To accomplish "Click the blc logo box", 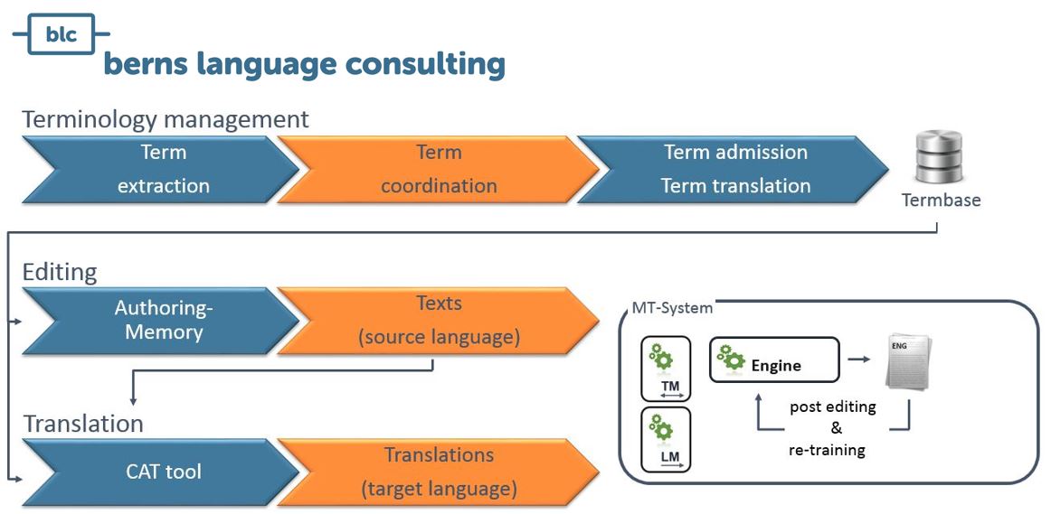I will click(x=61, y=34).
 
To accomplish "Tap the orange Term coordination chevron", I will click(x=438, y=169).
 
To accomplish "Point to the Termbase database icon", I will click(x=940, y=158).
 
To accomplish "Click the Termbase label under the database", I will click(x=941, y=200).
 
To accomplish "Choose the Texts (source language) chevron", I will click(x=438, y=320).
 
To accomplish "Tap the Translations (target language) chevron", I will click(x=438, y=471).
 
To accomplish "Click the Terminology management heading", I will click(x=166, y=119).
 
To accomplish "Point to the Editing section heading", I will click(x=60, y=272).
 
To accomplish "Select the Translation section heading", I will click(x=83, y=423).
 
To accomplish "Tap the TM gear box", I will click(x=665, y=369).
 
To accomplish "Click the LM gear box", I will click(x=665, y=439).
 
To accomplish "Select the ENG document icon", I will click(x=908, y=361).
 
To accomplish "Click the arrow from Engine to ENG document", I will click(x=858, y=360).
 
